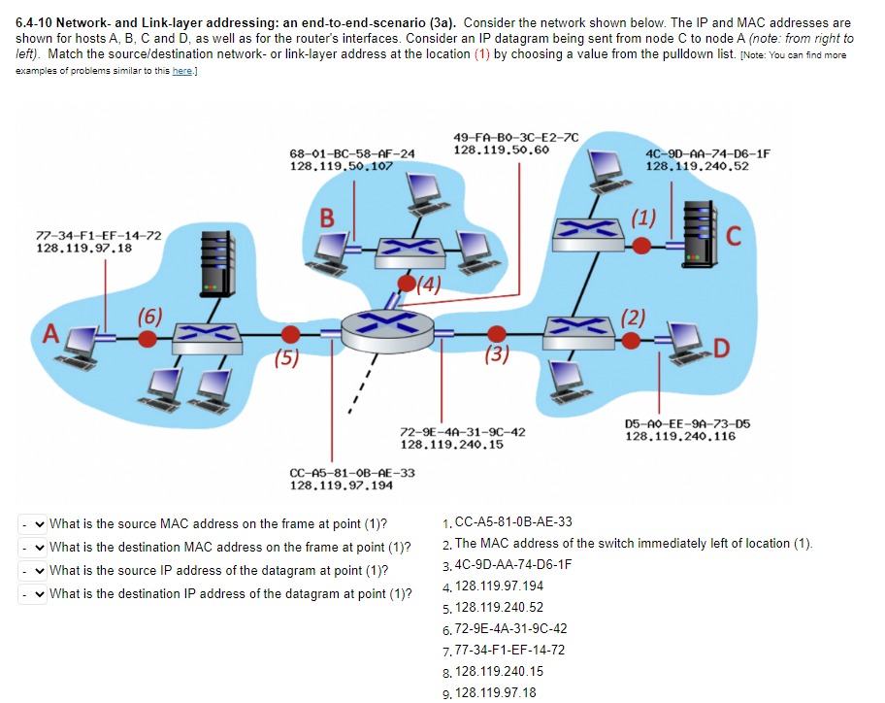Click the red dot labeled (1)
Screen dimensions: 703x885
pos(640,247)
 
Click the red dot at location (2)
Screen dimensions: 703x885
pos(631,339)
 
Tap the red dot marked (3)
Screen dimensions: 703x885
pos(497,334)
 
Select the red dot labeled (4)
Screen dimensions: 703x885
pos(405,283)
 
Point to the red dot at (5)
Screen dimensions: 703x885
pos(289,333)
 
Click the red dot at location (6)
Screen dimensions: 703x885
pos(147,338)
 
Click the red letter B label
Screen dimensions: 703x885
pos(331,218)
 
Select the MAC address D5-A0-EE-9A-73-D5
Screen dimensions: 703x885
pos(688,424)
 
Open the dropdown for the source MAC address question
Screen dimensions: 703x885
pos(34,524)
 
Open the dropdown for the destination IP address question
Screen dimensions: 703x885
pos(34,594)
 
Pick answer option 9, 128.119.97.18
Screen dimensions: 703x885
pos(495,692)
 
